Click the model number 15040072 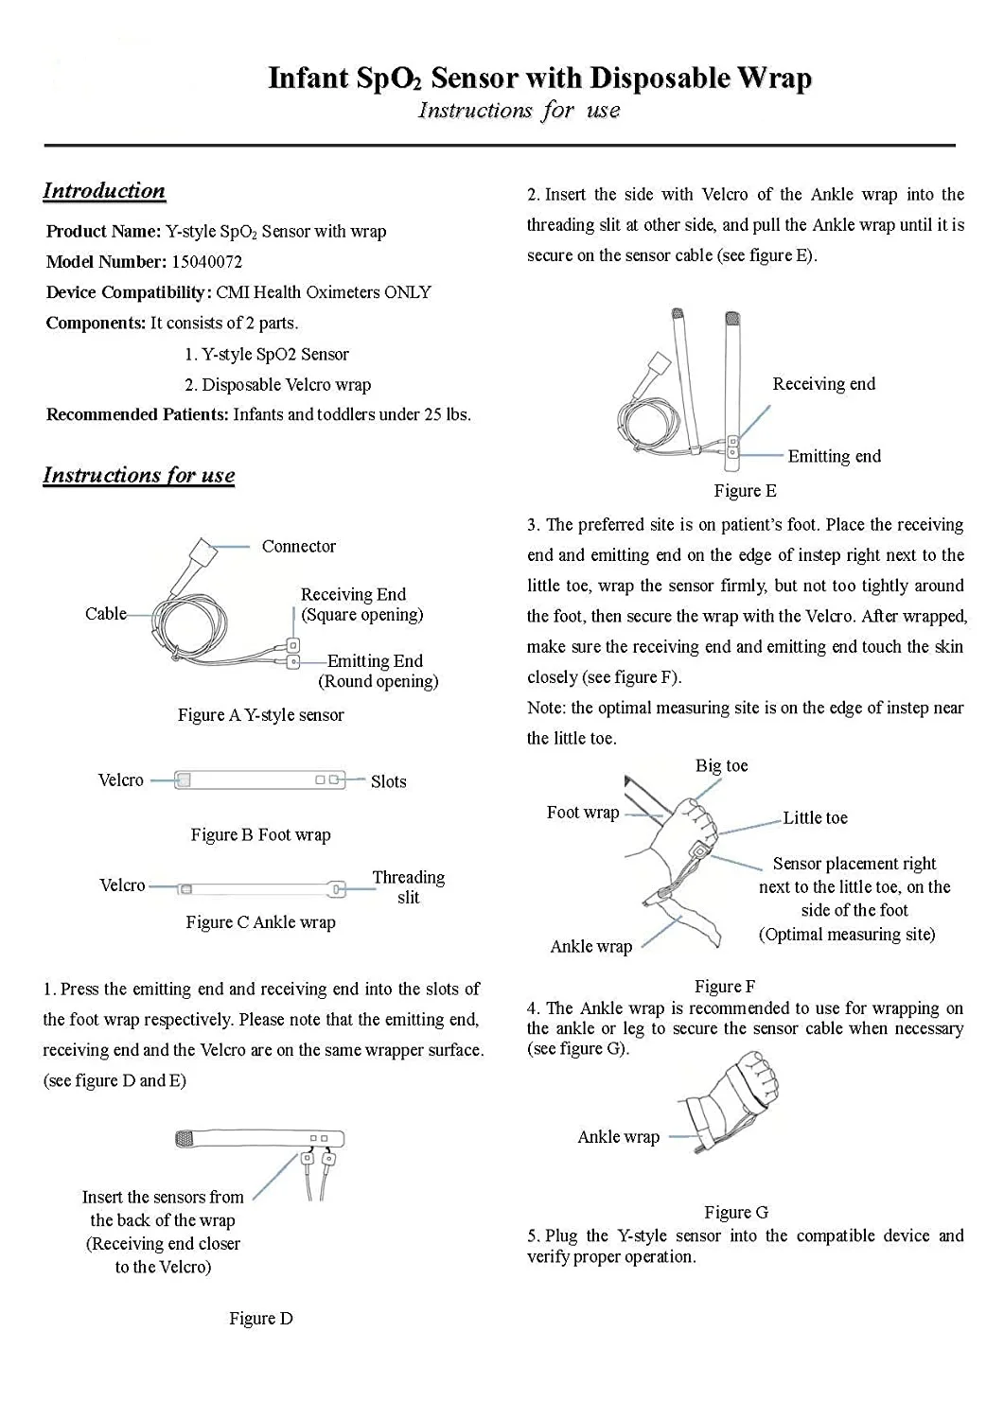[x=206, y=262]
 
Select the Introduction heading [x=104, y=191]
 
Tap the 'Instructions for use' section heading [x=139, y=476]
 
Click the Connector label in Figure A [x=298, y=547]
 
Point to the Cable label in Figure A [x=105, y=614]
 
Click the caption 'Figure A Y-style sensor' [x=260, y=715]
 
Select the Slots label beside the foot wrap [x=388, y=782]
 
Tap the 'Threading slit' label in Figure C [x=408, y=887]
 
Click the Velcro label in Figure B [x=121, y=780]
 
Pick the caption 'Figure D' [x=260, y=1319]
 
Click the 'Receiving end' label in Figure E [x=823, y=384]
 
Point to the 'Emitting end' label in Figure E [x=834, y=457]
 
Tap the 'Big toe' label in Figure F [x=721, y=766]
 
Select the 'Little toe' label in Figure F [x=815, y=818]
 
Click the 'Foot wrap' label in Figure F [x=582, y=813]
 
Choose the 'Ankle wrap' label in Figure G [x=618, y=1137]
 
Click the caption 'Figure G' [x=735, y=1213]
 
